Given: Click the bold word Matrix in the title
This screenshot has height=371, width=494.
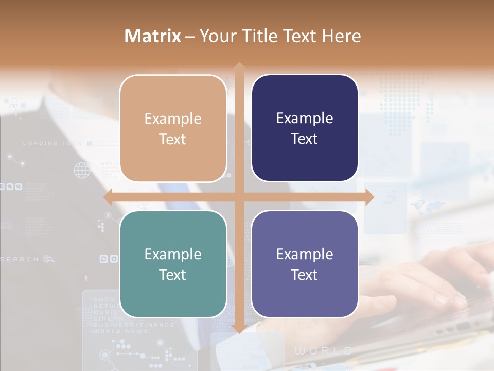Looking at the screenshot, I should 153,36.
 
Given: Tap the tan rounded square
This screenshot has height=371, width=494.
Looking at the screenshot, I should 173,128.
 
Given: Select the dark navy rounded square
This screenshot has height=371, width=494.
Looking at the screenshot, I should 305,128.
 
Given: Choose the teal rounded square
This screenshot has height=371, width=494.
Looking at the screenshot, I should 173,264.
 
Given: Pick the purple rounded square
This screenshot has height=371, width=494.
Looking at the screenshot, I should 305,264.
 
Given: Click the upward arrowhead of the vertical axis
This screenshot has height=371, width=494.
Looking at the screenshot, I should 239,66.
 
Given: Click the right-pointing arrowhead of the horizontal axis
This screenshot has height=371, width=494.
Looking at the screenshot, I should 369,197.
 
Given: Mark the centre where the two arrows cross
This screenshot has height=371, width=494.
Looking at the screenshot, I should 239,197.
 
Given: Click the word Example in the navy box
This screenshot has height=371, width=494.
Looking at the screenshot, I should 305,118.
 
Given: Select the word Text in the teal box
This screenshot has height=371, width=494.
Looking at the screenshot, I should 172,275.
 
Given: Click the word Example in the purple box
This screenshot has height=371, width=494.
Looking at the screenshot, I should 305,254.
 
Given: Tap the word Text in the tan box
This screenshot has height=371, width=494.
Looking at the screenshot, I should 172,139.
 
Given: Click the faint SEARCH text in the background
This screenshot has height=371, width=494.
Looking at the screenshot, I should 20,259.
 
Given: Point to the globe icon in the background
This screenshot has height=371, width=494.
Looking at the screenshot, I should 81,170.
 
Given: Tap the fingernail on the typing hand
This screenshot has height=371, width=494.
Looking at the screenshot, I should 442,299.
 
